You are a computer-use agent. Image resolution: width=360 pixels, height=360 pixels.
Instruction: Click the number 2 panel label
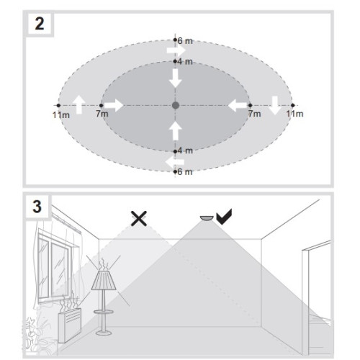click(x=40, y=24)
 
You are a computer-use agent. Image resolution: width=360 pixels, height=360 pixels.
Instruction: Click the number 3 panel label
click(x=37, y=207)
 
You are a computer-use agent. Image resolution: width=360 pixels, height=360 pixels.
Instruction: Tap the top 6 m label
click(x=185, y=41)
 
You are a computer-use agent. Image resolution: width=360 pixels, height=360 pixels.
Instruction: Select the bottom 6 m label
click(x=185, y=172)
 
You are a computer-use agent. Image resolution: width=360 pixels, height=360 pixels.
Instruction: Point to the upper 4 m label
click(x=185, y=62)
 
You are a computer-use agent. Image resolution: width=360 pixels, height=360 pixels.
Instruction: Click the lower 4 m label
click(x=185, y=151)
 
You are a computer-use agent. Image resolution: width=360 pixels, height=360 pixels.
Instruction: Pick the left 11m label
click(x=61, y=115)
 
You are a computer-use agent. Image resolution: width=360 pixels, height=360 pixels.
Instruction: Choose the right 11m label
click(x=294, y=114)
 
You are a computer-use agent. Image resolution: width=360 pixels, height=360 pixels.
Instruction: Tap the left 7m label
click(x=102, y=114)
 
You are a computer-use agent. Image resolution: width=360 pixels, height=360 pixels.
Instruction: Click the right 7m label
click(x=255, y=114)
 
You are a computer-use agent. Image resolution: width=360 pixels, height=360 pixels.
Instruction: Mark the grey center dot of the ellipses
click(x=176, y=105)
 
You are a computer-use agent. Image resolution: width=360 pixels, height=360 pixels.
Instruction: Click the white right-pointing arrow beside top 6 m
click(x=176, y=50)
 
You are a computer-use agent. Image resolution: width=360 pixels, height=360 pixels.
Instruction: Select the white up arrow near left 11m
click(x=78, y=104)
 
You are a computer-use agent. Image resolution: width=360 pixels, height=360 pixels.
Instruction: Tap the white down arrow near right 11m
click(x=275, y=105)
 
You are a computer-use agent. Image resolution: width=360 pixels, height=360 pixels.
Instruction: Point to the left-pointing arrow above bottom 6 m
click(x=175, y=162)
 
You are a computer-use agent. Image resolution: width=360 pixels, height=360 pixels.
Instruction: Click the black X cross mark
click(x=139, y=218)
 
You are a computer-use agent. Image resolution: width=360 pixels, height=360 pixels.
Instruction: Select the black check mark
click(x=224, y=217)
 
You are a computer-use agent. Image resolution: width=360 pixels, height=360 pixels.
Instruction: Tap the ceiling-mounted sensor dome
click(x=207, y=218)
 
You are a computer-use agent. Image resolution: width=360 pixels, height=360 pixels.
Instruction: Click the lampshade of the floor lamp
click(x=104, y=280)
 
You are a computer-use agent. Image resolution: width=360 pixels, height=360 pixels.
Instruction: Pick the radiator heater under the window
click(x=70, y=325)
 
